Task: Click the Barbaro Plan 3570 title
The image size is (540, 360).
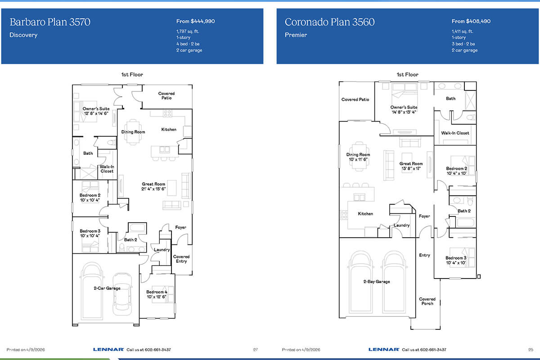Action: [x=50, y=22]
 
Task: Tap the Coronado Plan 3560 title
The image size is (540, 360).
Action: [x=329, y=22]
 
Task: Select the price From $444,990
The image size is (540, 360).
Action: [x=195, y=21]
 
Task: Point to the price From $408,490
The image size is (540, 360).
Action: [x=471, y=21]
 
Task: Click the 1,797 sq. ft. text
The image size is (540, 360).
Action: [x=188, y=31]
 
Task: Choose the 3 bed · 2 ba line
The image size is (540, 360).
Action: [x=463, y=44]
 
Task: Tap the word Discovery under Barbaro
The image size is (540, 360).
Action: [x=23, y=35]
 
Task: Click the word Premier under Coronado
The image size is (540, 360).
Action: [x=296, y=35]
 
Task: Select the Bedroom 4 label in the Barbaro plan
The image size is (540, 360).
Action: [x=157, y=292]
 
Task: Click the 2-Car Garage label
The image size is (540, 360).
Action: [x=107, y=288]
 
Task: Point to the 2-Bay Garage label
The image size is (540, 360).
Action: [x=377, y=281]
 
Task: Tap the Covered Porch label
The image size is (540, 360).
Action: [x=427, y=301]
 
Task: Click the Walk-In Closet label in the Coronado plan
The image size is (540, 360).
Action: [x=455, y=133]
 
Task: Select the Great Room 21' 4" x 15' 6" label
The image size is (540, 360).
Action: [x=153, y=186]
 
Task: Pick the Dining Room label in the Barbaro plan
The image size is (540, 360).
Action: [x=133, y=132]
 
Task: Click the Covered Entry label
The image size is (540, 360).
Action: [x=181, y=259]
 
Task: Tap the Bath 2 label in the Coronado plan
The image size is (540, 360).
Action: [x=464, y=211]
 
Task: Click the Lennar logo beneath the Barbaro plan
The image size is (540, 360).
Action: [x=108, y=349]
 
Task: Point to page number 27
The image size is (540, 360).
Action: [x=256, y=350]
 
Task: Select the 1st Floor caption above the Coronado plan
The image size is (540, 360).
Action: [x=407, y=75]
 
